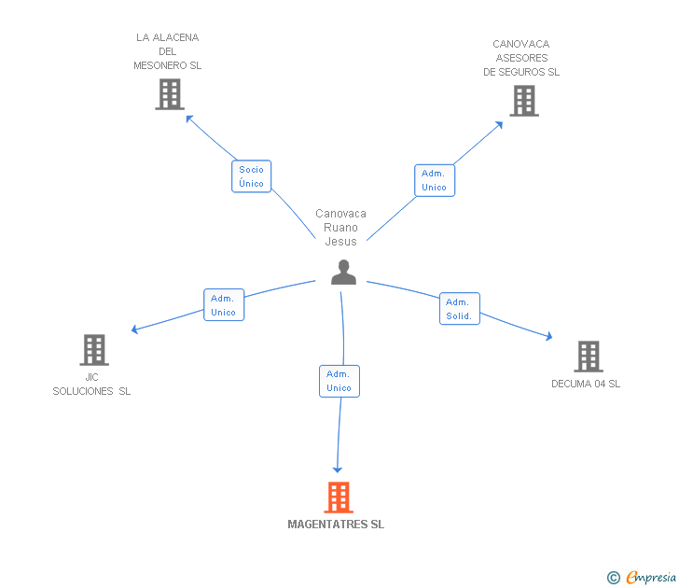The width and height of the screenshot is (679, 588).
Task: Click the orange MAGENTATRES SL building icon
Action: [339, 497]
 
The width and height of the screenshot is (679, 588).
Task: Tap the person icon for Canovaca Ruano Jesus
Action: [344, 272]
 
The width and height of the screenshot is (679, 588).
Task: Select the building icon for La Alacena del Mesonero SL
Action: [169, 94]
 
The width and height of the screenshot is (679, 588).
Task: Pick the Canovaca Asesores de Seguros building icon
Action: [524, 101]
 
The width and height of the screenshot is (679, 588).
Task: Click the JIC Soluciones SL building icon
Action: [93, 350]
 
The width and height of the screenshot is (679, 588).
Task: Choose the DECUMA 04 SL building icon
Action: [588, 357]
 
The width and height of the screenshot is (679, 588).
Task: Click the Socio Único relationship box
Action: [251, 176]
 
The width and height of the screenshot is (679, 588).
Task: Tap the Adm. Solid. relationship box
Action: [460, 309]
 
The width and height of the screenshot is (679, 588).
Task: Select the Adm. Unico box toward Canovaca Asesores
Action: [434, 180]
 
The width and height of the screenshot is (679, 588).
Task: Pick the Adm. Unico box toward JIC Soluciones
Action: [224, 305]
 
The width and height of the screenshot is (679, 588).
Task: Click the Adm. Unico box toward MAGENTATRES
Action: [339, 381]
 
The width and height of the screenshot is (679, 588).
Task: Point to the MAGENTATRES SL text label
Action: [336, 525]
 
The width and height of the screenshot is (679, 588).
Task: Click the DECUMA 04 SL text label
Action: [586, 384]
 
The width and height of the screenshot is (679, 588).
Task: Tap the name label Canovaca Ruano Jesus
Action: [341, 228]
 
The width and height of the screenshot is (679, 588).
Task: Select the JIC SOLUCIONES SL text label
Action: [91, 385]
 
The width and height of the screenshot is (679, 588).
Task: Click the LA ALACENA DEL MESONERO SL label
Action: [168, 51]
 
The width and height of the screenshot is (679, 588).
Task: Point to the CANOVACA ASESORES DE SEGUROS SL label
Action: [521, 58]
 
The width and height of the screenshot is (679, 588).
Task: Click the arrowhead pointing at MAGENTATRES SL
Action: [338, 469]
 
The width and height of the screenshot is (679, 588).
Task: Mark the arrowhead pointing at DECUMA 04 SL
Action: [550, 337]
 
